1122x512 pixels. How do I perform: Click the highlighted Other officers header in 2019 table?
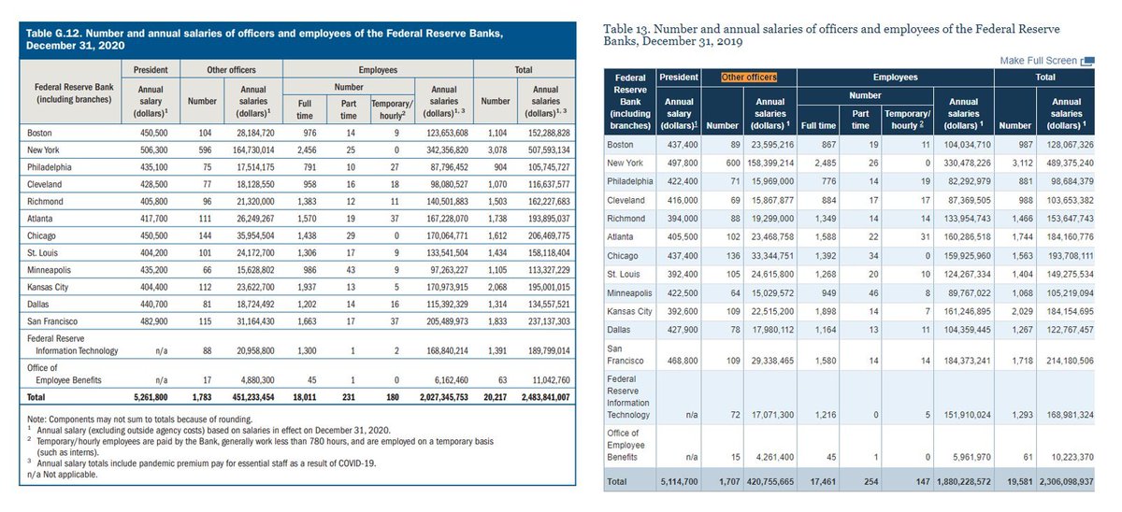(x=747, y=77)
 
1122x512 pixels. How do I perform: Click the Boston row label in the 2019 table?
(x=620, y=145)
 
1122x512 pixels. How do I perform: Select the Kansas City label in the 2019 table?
(x=628, y=310)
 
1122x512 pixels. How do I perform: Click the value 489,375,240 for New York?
(x=1066, y=163)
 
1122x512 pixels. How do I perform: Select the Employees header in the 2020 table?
(x=377, y=69)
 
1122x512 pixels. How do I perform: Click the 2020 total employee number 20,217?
(x=495, y=396)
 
